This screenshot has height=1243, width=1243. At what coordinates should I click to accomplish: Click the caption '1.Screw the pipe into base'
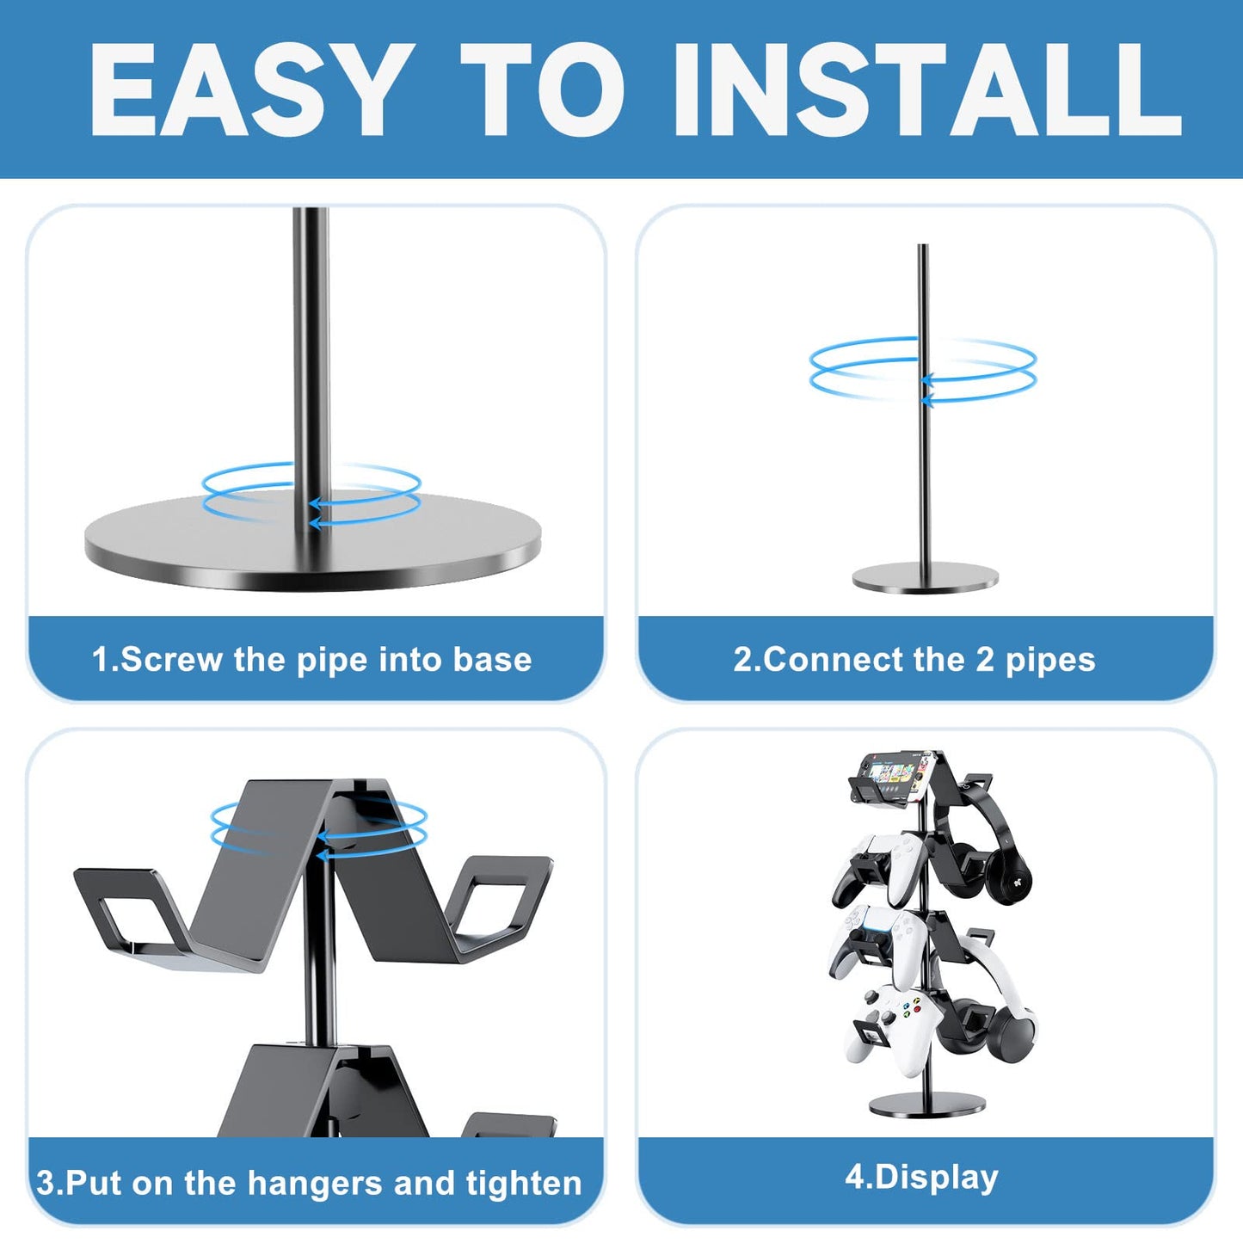click(311, 660)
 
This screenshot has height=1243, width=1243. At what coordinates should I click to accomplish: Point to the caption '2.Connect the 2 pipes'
click(914, 660)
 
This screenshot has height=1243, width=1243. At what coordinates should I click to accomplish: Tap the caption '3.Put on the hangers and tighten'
click(309, 1183)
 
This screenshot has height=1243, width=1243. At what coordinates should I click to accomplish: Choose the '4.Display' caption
click(921, 1177)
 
